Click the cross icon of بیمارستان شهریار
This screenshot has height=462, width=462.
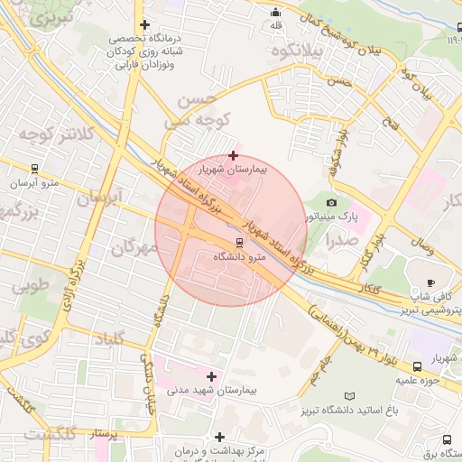click(234, 155)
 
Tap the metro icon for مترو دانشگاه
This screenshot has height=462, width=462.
click(239, 242)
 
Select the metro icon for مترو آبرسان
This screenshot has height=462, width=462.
click(34, 168)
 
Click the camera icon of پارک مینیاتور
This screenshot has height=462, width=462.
click(331, 202)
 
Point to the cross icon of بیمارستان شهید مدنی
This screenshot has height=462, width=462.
click(212, 375)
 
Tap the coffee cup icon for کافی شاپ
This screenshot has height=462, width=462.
click(430, 282)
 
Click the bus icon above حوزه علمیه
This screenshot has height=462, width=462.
click(418, 366)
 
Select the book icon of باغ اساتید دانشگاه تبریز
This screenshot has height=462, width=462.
click(350, 396)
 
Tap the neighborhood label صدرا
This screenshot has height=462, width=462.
click(343, 240)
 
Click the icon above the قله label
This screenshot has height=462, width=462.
click(275, 12)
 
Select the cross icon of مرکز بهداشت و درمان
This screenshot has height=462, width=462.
click(219, 437)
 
